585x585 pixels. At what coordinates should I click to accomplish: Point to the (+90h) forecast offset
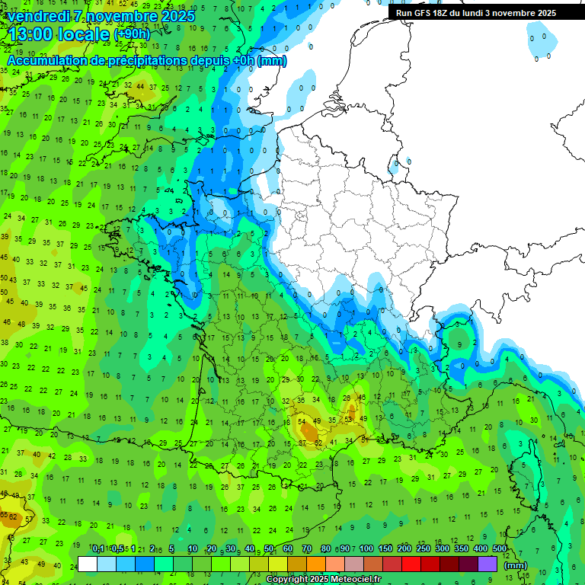132,34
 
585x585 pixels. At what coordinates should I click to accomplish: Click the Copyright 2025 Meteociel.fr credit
323,580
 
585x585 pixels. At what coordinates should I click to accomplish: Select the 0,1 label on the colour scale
97,549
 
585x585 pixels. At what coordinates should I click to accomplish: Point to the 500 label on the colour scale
500,549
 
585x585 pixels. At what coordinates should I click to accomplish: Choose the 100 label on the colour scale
366,549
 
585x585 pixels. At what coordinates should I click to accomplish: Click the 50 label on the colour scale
269,549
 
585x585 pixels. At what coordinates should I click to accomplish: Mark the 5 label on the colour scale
172,549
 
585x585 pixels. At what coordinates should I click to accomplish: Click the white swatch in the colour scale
88,564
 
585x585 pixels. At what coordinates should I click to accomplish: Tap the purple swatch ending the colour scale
487,564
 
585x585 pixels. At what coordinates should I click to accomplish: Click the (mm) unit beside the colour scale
516,565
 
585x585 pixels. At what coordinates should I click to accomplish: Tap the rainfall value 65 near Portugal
5,516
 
